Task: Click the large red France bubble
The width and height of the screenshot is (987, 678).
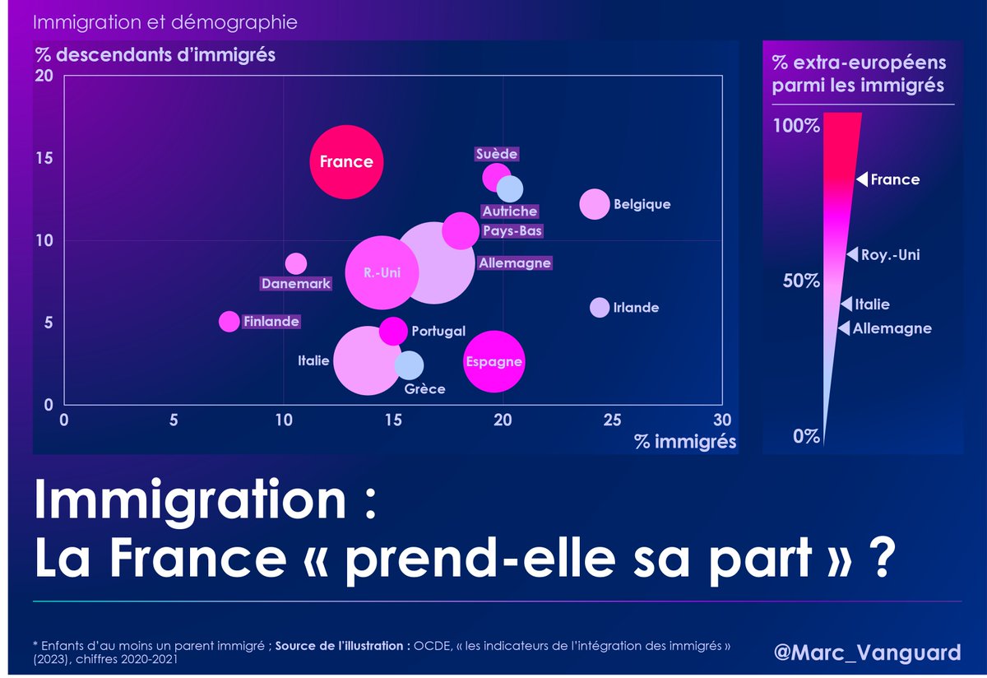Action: [346, 162]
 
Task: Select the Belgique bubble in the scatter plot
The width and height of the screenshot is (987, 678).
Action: [595, 204]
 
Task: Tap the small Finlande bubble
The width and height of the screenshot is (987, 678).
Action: [229, 322]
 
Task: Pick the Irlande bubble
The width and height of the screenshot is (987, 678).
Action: [600, 307]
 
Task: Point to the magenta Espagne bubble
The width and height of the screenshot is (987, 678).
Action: [493, 362]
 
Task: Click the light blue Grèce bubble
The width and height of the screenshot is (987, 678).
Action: [409, 365]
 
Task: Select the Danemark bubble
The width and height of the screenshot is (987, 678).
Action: [296, 264]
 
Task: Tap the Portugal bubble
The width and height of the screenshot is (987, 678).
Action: [393, 330]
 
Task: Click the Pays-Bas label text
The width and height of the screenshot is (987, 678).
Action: [512, 231]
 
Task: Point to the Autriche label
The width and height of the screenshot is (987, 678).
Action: [510, 211]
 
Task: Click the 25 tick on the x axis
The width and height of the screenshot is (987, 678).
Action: [611, 420]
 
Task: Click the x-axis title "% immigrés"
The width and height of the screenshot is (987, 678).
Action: [685, 442]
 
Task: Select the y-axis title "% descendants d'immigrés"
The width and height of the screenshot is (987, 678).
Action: [155, 56]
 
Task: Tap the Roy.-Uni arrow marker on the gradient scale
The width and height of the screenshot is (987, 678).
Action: [852, 255]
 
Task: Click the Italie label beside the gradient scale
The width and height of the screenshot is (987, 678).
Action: [872, 304]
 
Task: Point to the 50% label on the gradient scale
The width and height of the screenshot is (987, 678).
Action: [800, 281]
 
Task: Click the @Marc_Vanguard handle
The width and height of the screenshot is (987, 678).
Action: [867, 652]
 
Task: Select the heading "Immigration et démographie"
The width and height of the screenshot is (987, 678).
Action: [165, 22]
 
